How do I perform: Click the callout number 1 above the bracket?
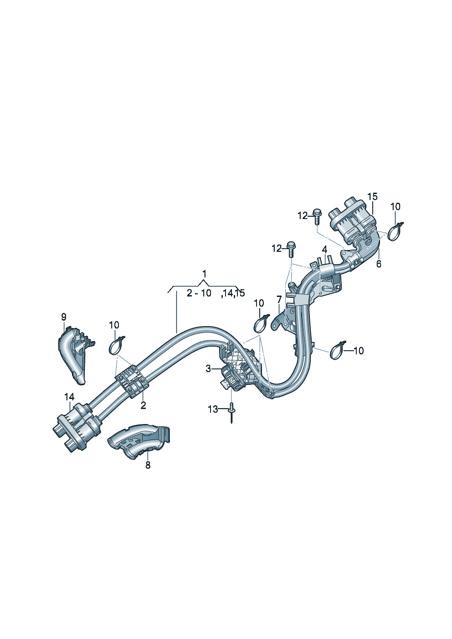(204, 274)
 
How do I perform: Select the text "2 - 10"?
(199, 293)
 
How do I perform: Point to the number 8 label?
(148, 465)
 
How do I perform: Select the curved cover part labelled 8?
(139, 441)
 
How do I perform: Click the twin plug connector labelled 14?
(75, 426)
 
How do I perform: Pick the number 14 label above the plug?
(69, 397)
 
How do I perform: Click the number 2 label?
(143, 405)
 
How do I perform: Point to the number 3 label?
(208, 368)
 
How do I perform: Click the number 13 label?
(213, 409)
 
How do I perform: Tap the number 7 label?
(279, 299)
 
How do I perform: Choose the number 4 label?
(324, 250)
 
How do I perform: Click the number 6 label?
(379, 264)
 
